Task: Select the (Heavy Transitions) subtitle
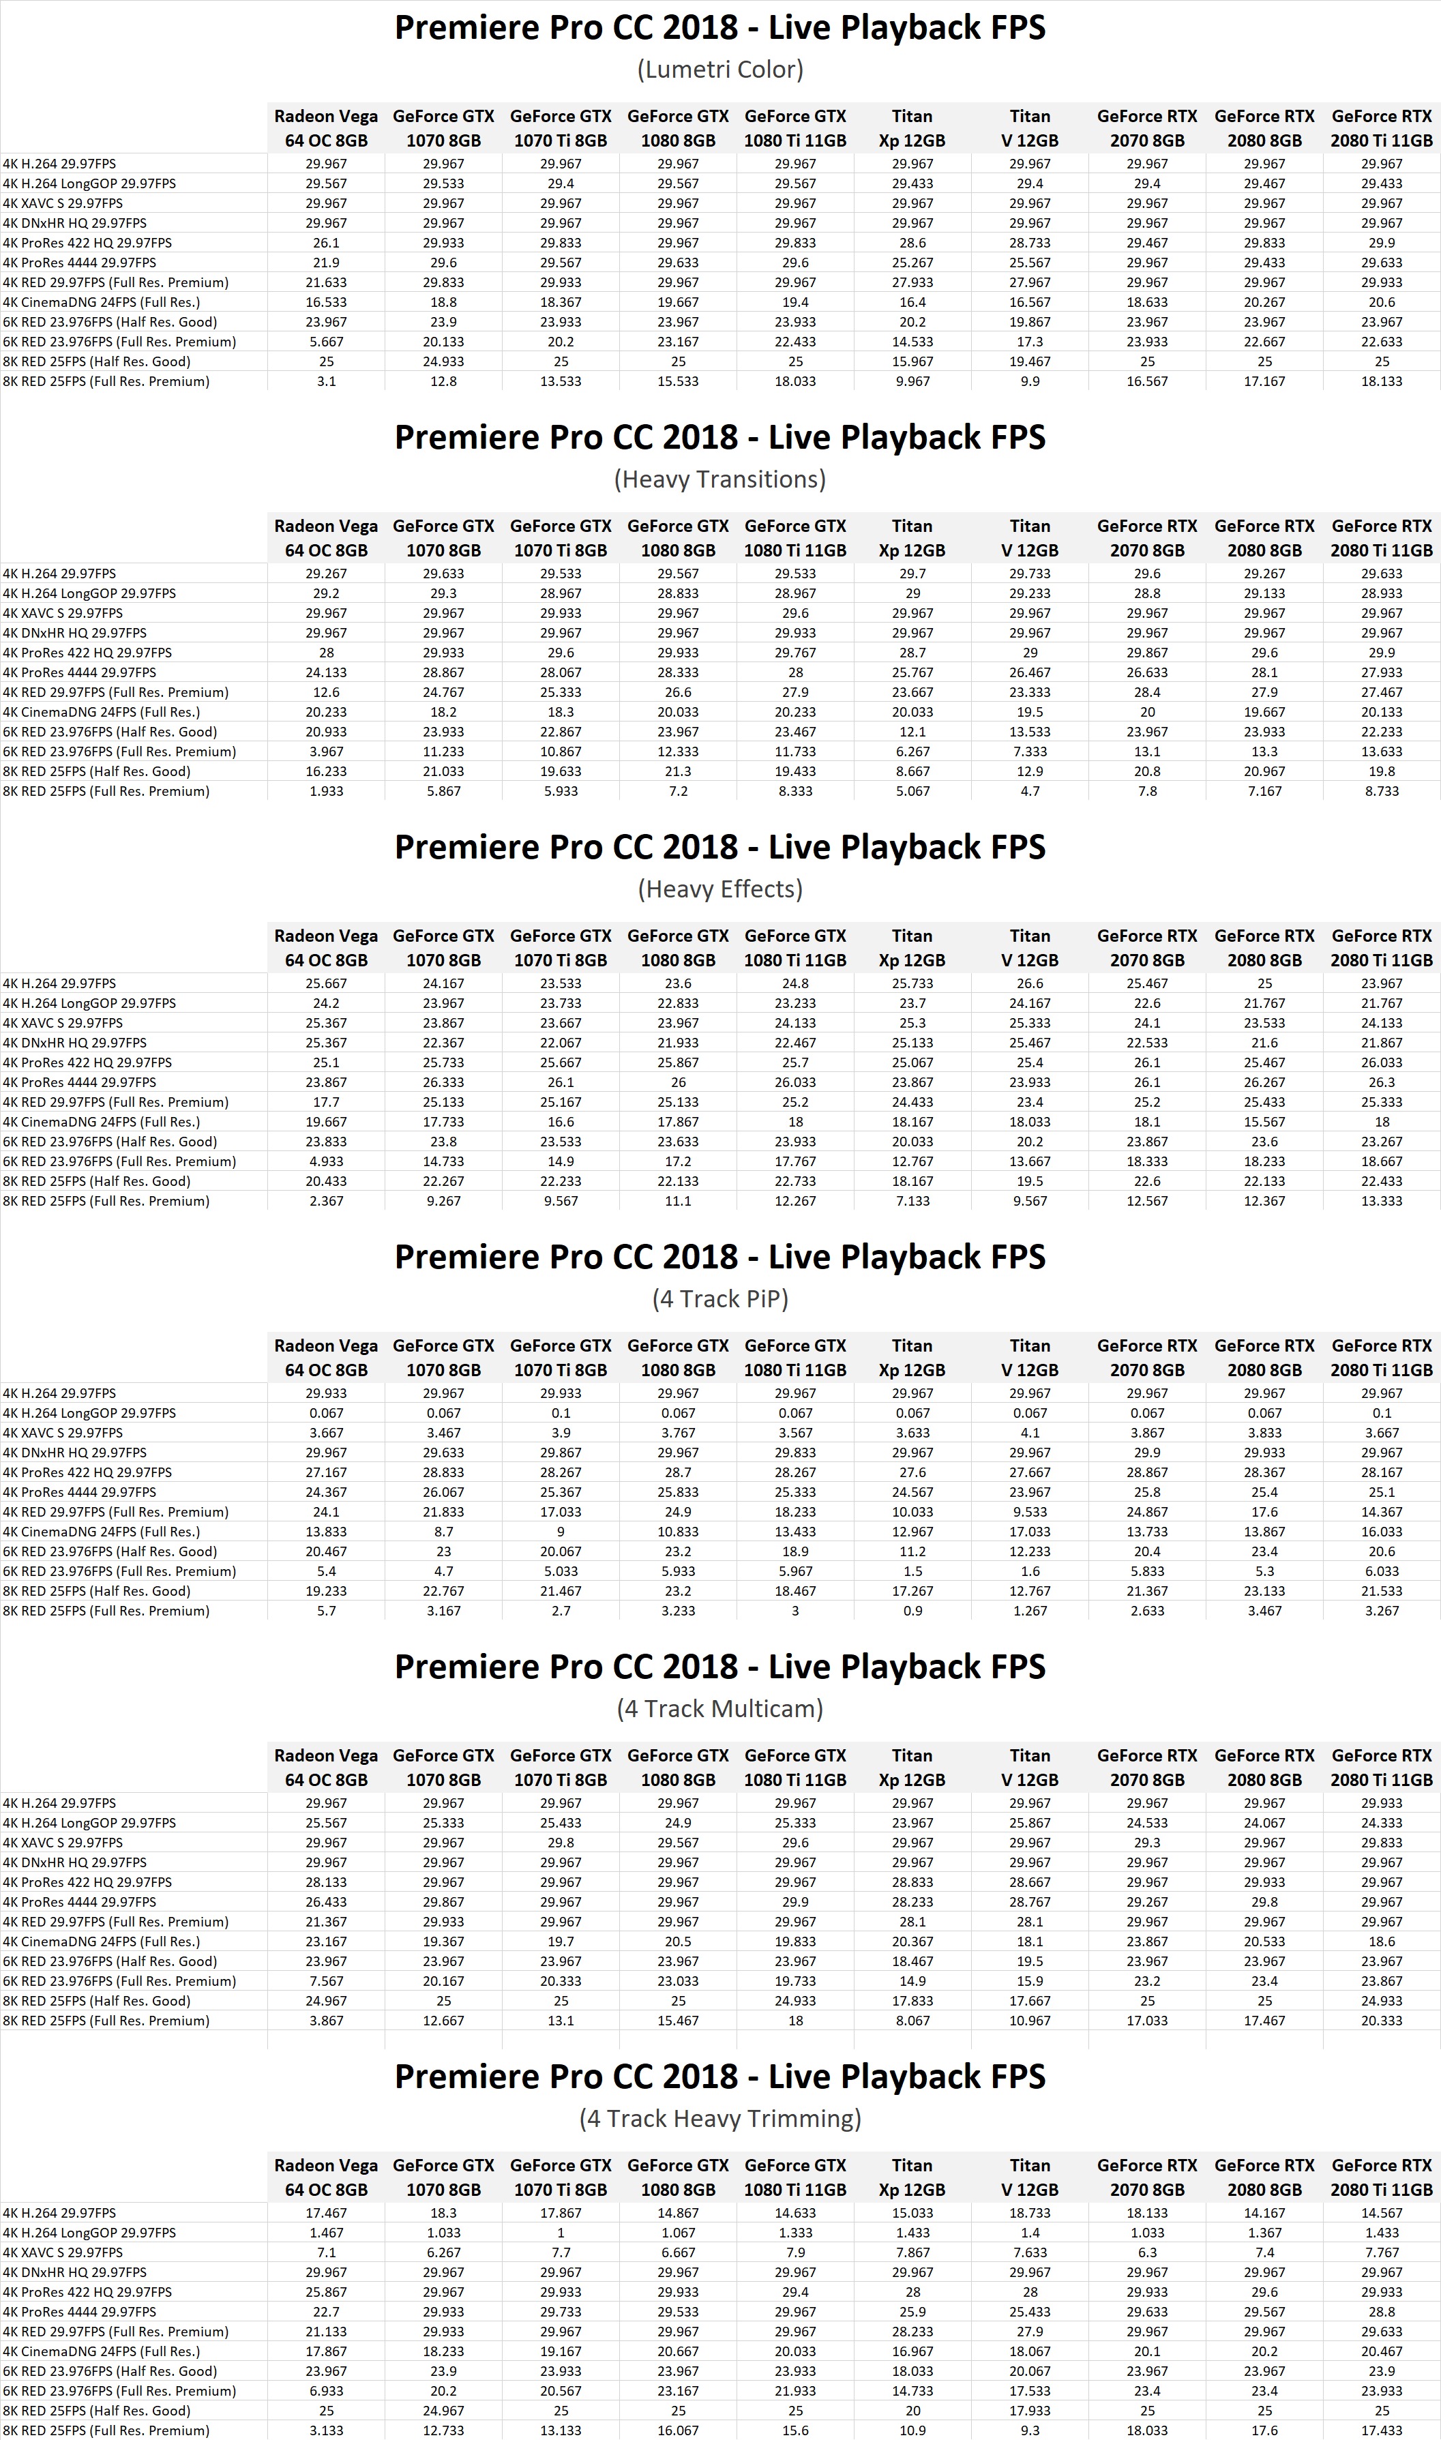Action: [719, 479]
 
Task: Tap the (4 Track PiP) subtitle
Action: [719, 1299]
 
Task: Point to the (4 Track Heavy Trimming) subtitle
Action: [719, 2119]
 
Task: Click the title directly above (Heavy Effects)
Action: [719, 848]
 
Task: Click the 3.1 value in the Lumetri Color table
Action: [326, 382]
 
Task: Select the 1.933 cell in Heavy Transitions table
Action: [326, 791]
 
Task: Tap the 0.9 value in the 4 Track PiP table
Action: [912, 1611]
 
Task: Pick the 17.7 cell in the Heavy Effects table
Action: [326, 1102]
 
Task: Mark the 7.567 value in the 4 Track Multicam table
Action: [326, 1981]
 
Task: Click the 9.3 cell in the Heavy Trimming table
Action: [1030, 2430]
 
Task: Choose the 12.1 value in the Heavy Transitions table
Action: [912, 732]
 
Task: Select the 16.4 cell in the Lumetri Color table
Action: [912, 302]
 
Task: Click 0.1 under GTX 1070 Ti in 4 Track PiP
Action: [561, 1413]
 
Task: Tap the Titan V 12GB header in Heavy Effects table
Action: [1030, 948]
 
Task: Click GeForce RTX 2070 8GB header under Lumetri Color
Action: [1147, 128]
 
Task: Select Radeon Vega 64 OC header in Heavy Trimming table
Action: [326, 2177]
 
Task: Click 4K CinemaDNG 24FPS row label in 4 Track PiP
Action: [102, 1531]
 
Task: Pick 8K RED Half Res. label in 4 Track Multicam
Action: [97, 2000]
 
